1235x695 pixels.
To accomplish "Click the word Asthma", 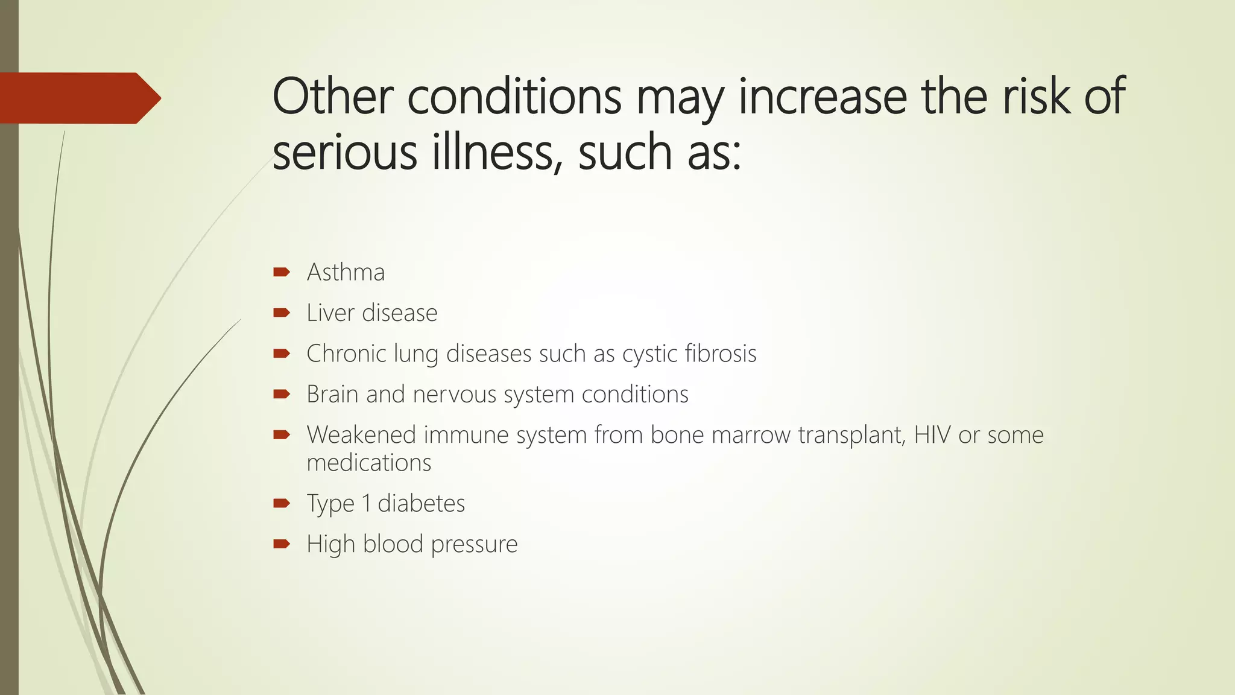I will [346, 273].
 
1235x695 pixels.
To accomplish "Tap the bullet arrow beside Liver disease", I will [281, 313].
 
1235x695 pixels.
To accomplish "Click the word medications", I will [369, 463].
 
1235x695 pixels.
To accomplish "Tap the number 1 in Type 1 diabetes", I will [366, 504].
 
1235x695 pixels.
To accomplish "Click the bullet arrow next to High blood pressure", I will [281, 544].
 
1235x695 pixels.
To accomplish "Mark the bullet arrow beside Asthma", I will [281, 272].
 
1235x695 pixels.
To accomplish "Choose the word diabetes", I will [421, 504].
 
